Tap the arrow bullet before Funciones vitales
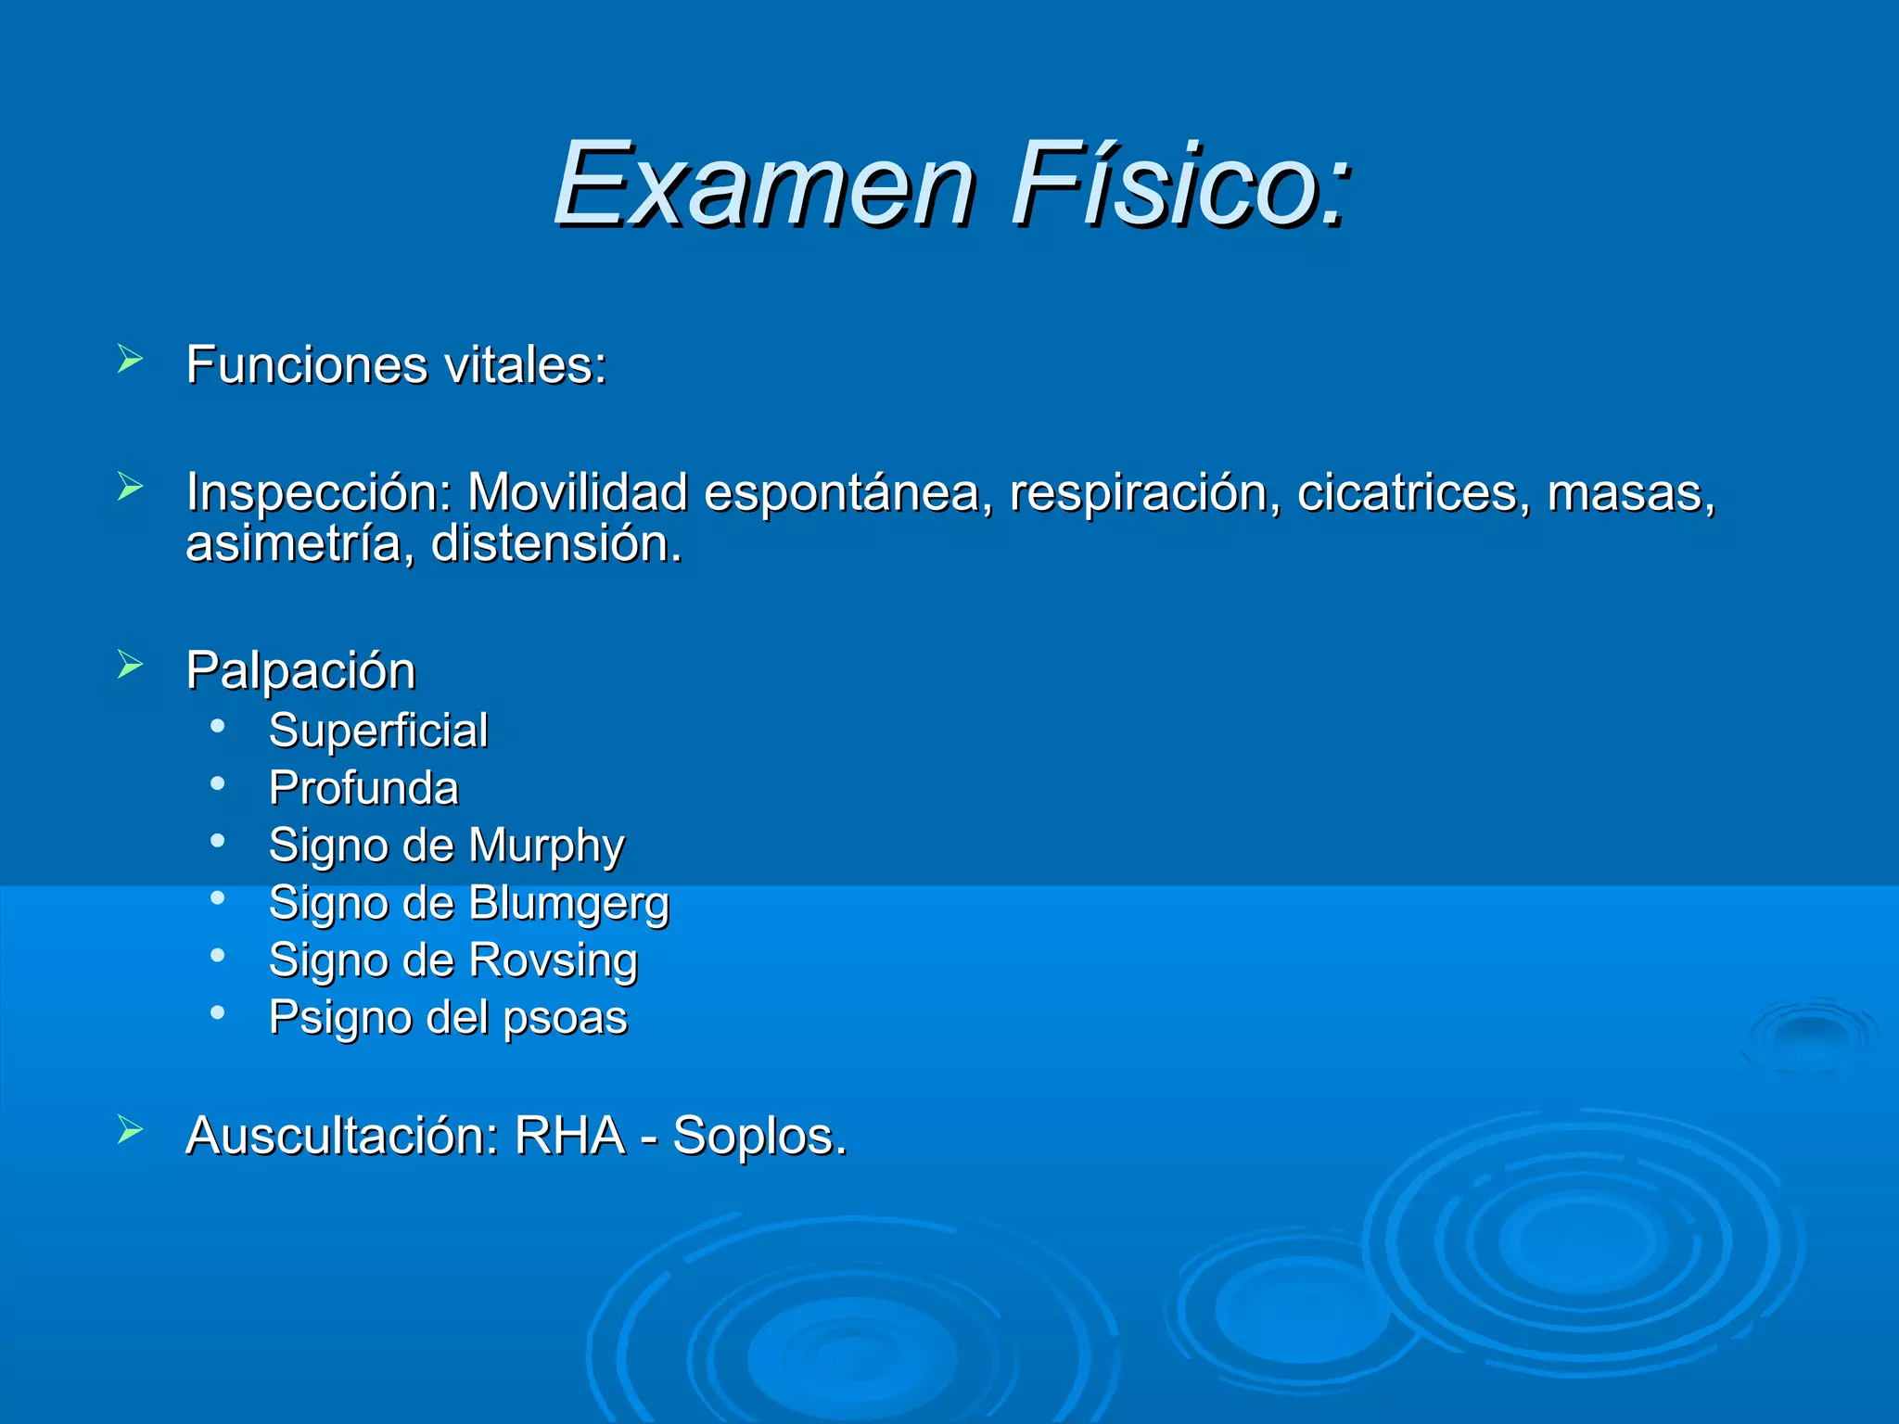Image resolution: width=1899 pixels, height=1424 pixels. point(130,359)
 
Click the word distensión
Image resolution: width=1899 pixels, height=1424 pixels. point(556,544)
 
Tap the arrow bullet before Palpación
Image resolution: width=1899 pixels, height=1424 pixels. point(130,665)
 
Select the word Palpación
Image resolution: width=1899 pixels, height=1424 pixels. point(300,671)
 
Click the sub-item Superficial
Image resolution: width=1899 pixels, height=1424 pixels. point(378,731)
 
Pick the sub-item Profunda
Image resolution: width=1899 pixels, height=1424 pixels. point(363,789)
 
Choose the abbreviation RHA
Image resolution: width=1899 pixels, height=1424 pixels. point(569,1136)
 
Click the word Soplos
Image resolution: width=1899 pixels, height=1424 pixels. point(759,1136)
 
